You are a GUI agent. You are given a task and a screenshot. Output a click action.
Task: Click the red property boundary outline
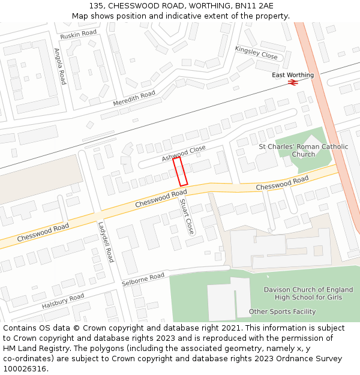click(x=181, y=172)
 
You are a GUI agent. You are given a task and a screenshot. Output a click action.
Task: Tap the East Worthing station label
click(x=293, y=75)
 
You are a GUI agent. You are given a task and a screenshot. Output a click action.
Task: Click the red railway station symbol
click(x=293, y=82)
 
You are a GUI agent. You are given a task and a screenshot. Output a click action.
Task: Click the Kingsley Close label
click(x=256, y=52)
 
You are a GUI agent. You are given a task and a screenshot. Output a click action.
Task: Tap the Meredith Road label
click(x=134, y=98)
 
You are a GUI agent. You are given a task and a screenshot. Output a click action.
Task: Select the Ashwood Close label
click(x=184, y=153)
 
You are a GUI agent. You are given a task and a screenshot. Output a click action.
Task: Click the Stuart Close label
click(x=187, y=217)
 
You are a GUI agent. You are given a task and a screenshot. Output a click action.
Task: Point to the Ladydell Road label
click(x=106, y=242)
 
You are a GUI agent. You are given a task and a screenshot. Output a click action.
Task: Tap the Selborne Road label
click(x=143, y=278)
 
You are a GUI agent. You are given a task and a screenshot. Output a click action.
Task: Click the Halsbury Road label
click(x=63, y=301)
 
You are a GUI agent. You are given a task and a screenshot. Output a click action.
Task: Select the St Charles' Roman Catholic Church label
click(x=303, y=150)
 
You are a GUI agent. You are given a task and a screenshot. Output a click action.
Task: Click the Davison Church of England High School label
click(x=308, y=293)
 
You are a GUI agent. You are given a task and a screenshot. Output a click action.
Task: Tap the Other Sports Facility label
click(x=282, y=311)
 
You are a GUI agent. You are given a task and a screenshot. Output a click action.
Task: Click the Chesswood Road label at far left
click(x=43, y=233)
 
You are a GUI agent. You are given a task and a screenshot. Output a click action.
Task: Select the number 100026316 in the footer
click(x=26, y=368)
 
